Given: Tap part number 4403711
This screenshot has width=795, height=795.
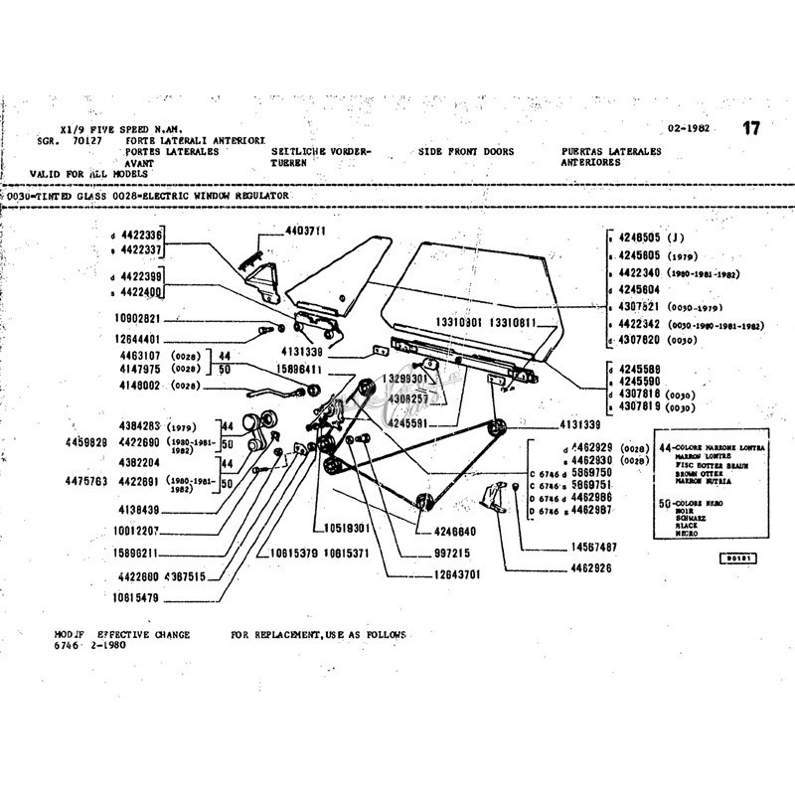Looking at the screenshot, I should tap(306, 231).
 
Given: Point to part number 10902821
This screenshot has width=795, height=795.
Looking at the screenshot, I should tap(137, 319).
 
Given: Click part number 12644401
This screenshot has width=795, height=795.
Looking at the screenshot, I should tap(137, 338).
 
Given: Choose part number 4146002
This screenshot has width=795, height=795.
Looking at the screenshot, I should tap(142, 386).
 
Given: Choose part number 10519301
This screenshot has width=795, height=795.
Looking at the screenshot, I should tap(347, 528).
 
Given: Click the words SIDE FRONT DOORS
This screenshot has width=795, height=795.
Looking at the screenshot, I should tap(466, 151).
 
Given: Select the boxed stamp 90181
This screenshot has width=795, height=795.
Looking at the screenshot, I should tap(738, 558).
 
